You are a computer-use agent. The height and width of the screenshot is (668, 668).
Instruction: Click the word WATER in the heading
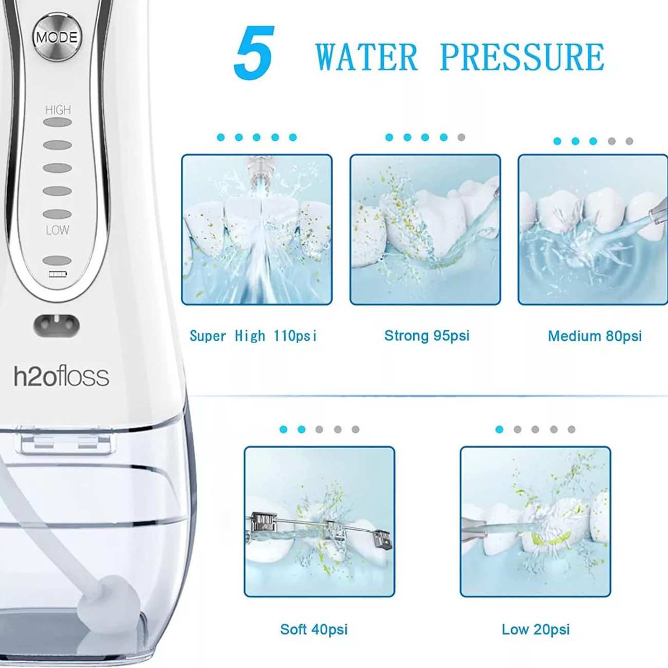click(367, 57)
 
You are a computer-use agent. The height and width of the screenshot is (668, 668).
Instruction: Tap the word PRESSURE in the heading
click(523, 57)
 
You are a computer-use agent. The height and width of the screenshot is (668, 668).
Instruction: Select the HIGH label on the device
click(58, 110)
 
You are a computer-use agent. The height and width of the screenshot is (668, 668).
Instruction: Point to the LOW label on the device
click(58, 230)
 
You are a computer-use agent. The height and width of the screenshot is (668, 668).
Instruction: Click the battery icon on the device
click(58, 274)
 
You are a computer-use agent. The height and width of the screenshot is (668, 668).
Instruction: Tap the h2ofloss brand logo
click(61, 377)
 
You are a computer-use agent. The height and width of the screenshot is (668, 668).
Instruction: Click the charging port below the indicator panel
click(57, 325)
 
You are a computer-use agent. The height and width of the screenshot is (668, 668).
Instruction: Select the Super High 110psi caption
click(253, 336)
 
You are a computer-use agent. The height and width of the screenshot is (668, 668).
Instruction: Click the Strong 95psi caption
click(426, 336)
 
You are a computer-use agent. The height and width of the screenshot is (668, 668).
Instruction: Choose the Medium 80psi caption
click(595, 336)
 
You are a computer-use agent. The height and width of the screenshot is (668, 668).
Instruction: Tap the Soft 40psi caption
click(314, 629)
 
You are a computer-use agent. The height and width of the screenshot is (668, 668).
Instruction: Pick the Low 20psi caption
click(535, 629)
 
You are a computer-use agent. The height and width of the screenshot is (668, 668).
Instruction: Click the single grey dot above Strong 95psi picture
click(461, 137)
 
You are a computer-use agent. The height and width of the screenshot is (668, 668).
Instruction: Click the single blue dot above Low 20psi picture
click(499, 430)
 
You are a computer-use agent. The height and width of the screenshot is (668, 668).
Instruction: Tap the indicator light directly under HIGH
click(58, 122)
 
